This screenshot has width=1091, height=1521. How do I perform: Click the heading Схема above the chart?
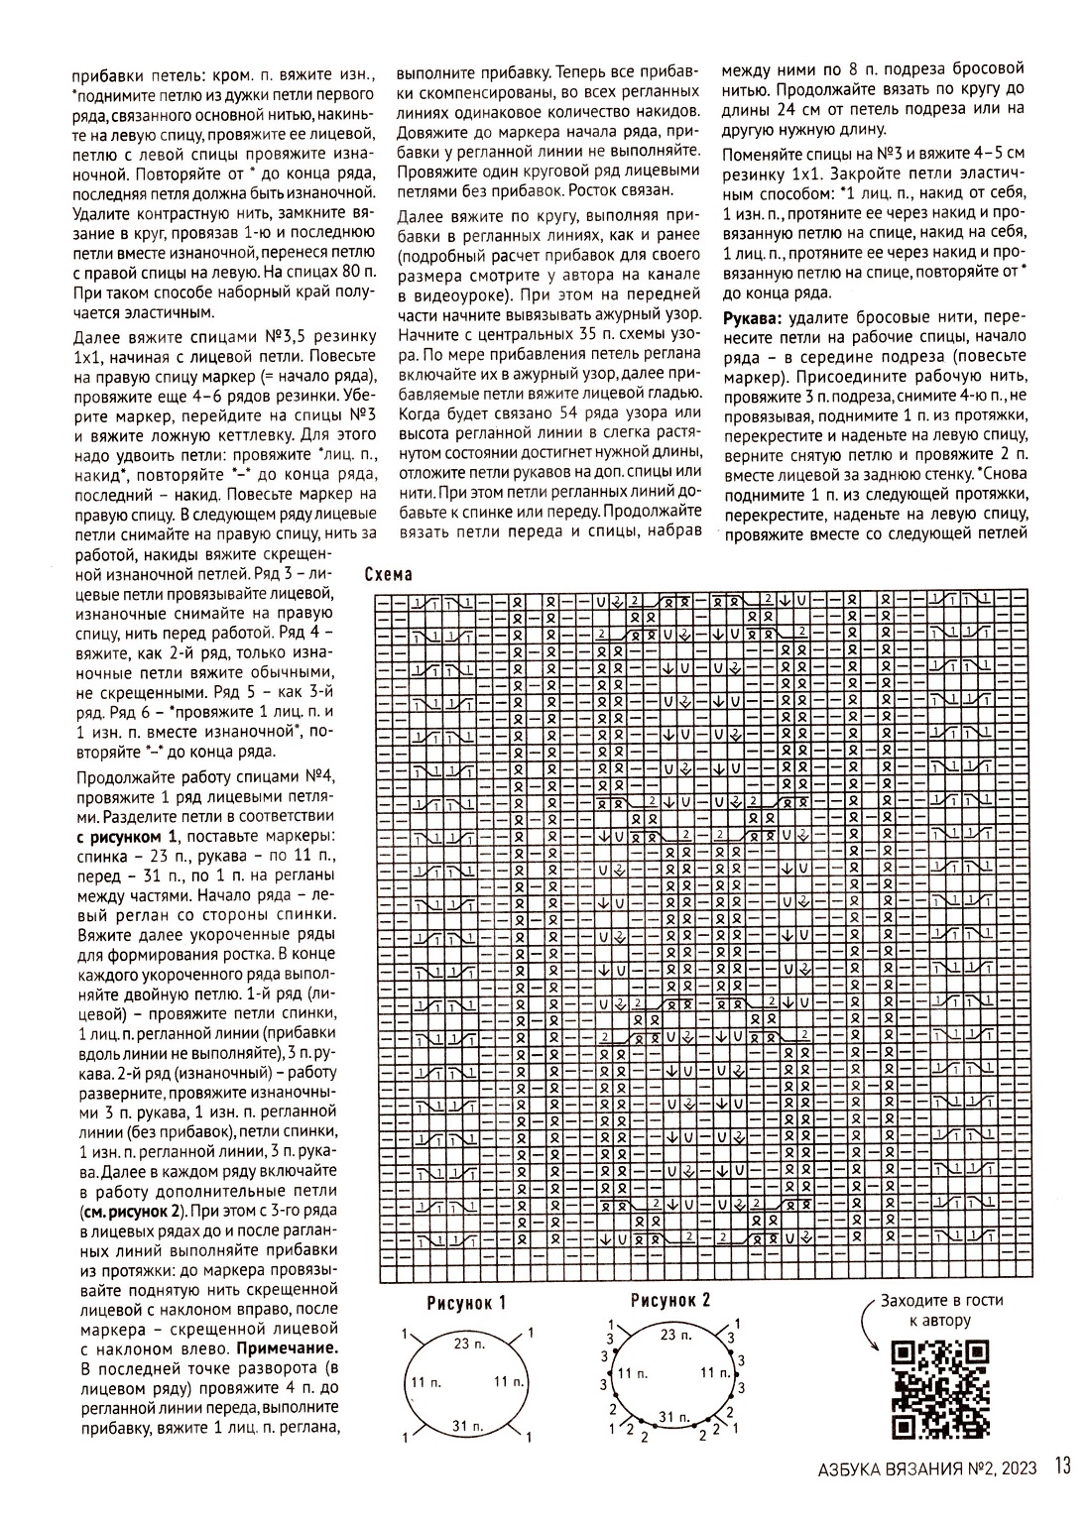(x=388, y=576)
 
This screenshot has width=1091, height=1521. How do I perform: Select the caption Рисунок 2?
(x=670, y=1300)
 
